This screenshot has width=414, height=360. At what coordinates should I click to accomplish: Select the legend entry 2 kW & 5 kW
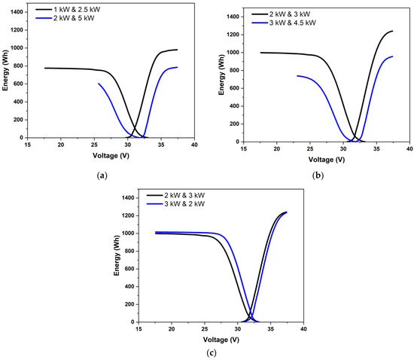(x=75, y=21)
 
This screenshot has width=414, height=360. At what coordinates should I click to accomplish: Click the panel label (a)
(x=102, y=175)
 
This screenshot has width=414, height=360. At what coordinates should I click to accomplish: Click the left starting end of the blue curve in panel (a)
(x=99, y=84)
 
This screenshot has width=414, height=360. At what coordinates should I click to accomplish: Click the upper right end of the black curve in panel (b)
(x=392, y=31)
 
